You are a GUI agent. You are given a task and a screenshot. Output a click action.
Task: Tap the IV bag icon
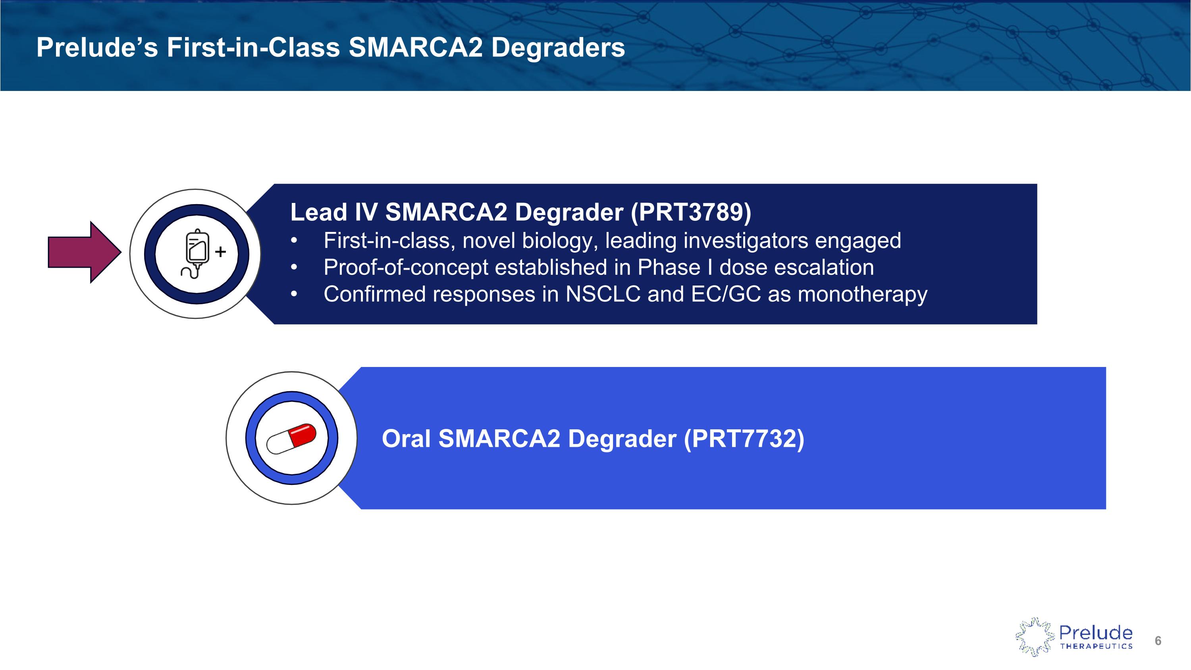point(196,253)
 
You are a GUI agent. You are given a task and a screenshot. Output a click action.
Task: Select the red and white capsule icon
point(291,439)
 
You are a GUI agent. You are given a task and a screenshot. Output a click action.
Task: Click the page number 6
point(1158,641)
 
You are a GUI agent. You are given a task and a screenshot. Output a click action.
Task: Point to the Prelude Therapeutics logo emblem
point(1034,637)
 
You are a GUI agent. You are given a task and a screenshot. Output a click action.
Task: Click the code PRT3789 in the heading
point(691,212)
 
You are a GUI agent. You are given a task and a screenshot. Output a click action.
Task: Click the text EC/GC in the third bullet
point(725,294)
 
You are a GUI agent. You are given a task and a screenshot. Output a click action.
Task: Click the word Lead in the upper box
point(318,212)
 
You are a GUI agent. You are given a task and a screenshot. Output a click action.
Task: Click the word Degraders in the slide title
point(558,47)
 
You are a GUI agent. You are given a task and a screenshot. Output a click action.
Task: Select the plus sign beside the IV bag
point(221,251)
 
